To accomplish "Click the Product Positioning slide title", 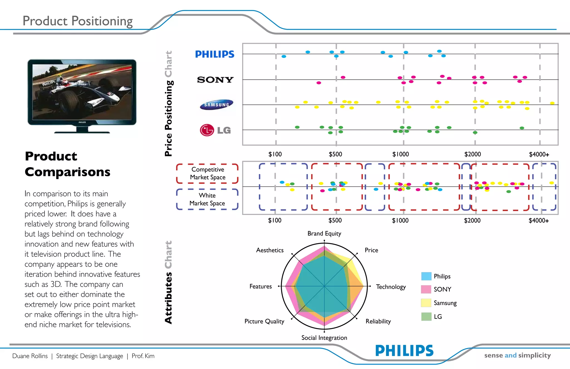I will (x=77, y=21).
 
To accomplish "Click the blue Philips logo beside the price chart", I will (x=215, y=54).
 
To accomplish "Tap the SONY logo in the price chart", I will (x=215, y=80).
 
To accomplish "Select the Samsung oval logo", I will (x=217, y=104).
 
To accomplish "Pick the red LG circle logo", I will (x=207, y=130).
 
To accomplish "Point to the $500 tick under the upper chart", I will (x=335, y=154).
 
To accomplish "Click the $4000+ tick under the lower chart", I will (x=539, y=221).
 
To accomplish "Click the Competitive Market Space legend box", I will (x=207, y=173).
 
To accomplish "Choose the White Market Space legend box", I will (x=207, y=199).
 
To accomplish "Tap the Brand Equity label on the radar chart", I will (x=324, y=233).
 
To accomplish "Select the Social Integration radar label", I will (x=324, y=338).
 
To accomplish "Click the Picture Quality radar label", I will (x=264, y=321).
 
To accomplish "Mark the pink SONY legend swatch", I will (x=426, y=289).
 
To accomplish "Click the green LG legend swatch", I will (x=426, y=317).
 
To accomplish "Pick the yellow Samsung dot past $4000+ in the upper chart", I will (x=552, y=103).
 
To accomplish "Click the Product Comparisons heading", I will (x=67, y=164).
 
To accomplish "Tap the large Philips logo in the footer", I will (x=404, y=351).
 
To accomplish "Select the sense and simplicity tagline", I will (x=517, y=355).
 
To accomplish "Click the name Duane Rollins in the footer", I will (x=30, y=356).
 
